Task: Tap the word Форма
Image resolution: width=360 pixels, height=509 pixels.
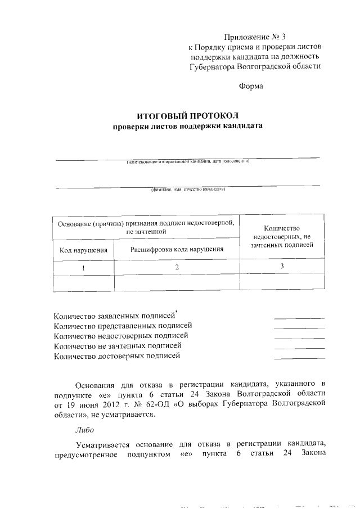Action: [x=251, y=86]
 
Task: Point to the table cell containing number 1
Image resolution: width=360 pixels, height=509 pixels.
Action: [x=83, y=267]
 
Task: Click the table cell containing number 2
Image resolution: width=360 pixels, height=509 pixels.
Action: [x=177, y=267]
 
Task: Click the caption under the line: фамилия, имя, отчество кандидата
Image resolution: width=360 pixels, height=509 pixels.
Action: [x=187, y=190]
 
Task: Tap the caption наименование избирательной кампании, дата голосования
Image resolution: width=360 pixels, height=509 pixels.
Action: [x=187, y=163]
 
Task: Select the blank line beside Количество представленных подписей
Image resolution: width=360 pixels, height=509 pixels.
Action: [x=299, y=327]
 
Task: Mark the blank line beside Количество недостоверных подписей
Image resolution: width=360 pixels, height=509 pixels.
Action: [x=299, y=337]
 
